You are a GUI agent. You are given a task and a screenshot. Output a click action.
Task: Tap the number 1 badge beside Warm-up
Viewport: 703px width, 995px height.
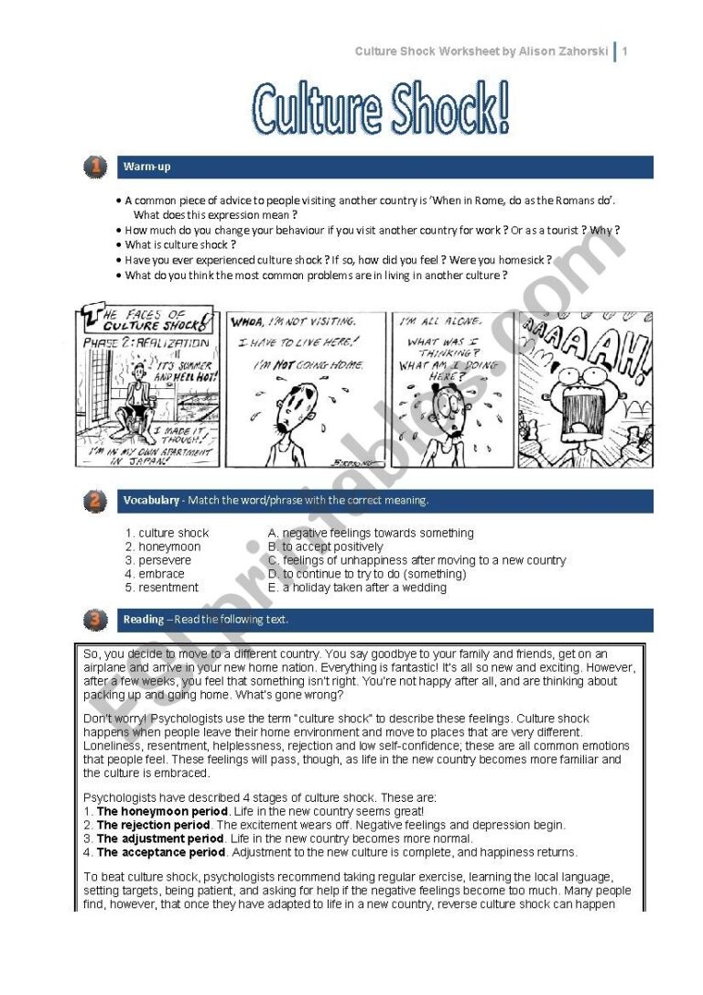pyautogui.click(x=94, y=167)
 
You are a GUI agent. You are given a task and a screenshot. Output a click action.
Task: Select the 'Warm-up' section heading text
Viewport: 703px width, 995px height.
pyautogui.click(x=146, y=168)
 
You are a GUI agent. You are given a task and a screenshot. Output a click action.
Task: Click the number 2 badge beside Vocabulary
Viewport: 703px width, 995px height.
pyautogui.click(x=94, y=501)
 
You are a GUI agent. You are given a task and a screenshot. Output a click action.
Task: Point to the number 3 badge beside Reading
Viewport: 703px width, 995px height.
pyautogui.click(x=94, y=620)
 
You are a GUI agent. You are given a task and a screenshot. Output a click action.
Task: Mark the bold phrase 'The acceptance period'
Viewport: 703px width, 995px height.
pyautogui.click(x=160, y=852)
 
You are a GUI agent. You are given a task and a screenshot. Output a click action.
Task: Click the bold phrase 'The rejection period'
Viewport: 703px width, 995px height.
pyautogui.click(x=153, y=825)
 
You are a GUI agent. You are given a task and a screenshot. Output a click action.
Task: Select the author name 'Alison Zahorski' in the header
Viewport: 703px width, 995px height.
pyautogui.click(x=561, y=51)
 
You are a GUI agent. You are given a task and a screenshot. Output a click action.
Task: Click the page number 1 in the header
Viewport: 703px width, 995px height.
pyautogui.click(x=625, y=51)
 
